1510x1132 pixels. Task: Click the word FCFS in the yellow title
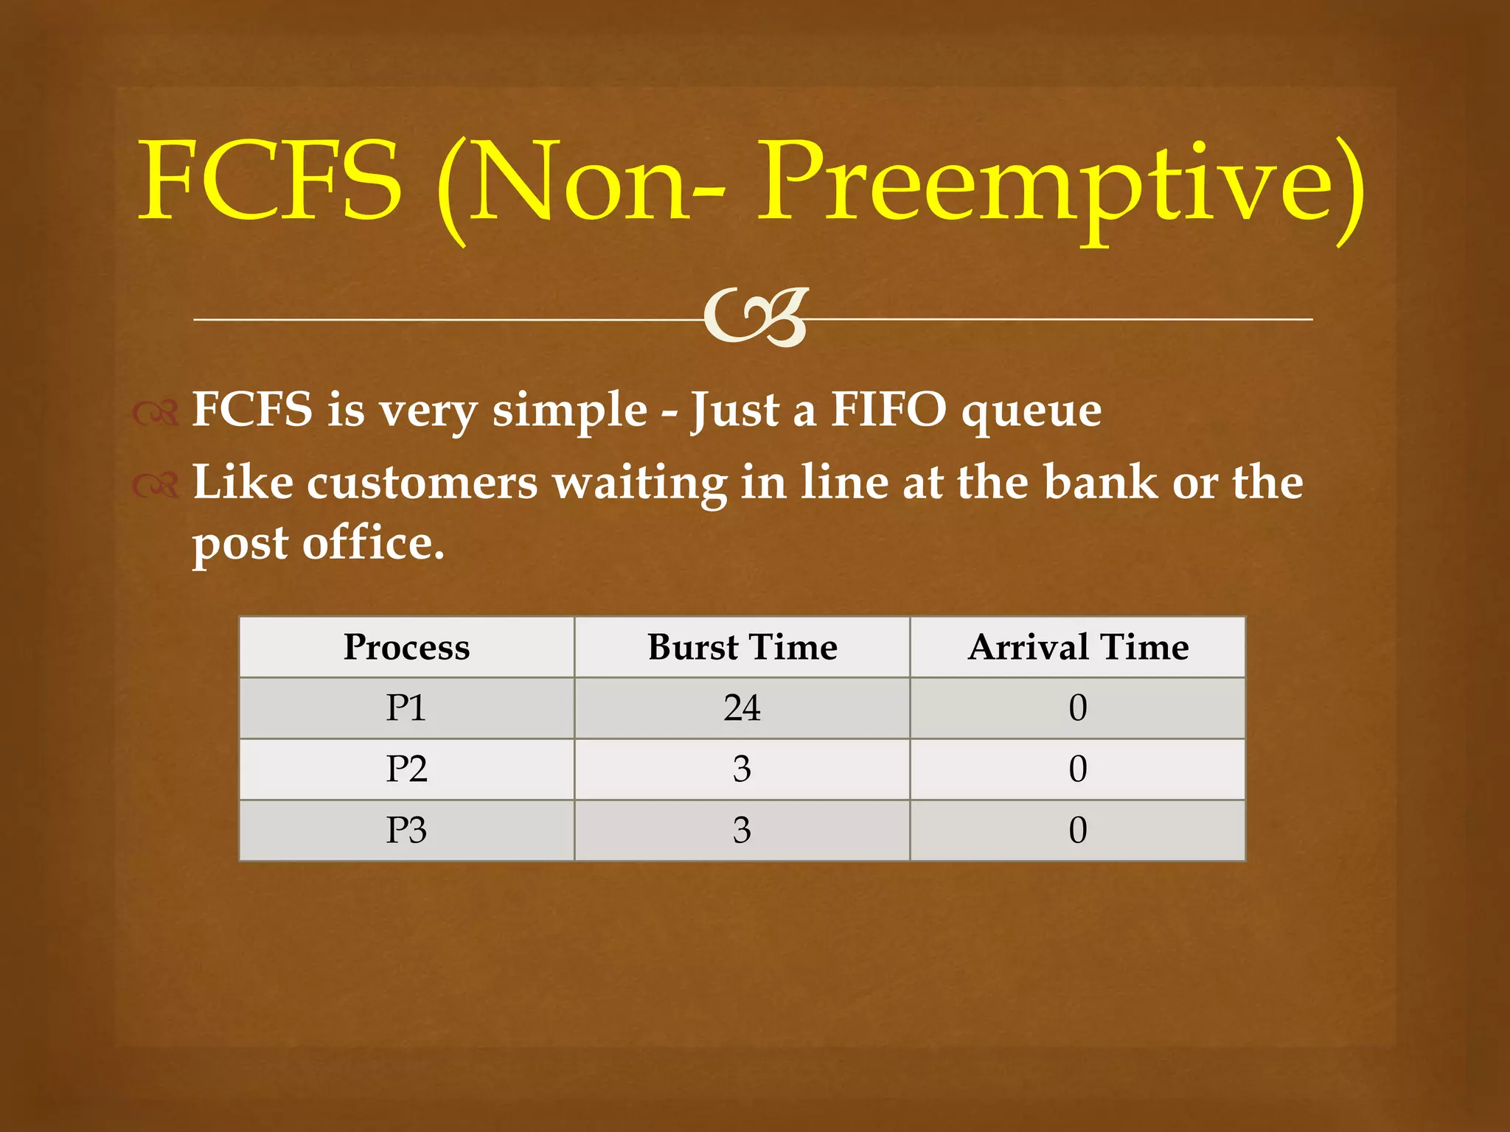271,181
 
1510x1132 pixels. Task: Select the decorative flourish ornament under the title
756,318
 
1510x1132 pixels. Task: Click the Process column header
406,647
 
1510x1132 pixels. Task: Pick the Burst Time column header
742,647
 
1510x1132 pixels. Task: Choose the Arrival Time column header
1078,647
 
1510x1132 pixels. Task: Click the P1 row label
406,708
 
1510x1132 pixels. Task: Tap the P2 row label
406,769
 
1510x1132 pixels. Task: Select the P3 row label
406,831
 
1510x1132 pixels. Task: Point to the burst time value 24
742,708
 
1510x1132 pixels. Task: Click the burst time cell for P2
742,769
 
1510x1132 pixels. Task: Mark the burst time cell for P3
742,831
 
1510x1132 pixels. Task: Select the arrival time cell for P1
1078,708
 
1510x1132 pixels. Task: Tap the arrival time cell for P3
1078,831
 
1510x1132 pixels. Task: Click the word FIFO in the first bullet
888,410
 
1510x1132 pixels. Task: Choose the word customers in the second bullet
422,483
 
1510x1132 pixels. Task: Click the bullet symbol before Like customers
156,485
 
